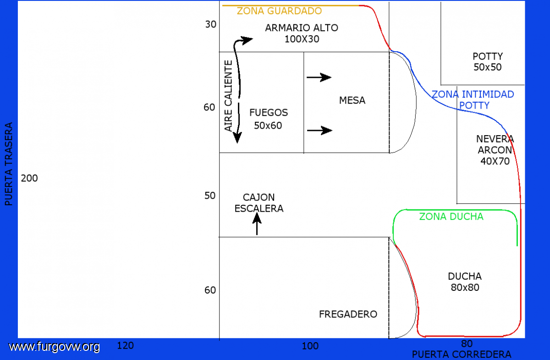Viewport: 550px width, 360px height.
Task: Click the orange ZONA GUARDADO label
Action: pyautogui.click(x=279, y=11)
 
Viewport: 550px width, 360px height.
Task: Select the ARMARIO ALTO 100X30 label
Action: pyautogui.click(x=302, y=33)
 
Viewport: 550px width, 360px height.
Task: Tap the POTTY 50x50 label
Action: pyautogui.click(x=488, y=61)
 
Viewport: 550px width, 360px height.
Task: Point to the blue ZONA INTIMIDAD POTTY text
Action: pyautogui.click(x=473, y=100)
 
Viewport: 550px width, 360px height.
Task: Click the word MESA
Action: pyautogui.click(x=352, y=100)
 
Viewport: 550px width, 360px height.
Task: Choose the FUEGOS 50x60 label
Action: pyautogui.click(x=269, y=119)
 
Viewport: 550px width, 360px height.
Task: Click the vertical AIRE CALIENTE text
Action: pyautogui.click(x=228, y=96)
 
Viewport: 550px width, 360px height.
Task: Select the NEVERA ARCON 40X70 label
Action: pyautogui.click(x=495, y=150)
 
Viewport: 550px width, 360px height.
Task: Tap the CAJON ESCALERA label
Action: pyautogui.click(x=259, y=203)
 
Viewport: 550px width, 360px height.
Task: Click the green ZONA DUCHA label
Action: pyautogui.click(x=451, y=217)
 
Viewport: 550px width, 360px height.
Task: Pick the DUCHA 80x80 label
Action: pyautogui.click(x=465, y=282)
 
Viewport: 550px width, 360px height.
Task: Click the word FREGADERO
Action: pyautogui.click(x=348, y=314)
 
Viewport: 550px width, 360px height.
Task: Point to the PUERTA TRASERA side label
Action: pyautogui.click(x=9, y=164)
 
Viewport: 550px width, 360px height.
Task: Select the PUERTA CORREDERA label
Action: pyautogui.click(x=462, y=355)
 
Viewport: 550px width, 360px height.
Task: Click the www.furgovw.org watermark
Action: pyautogui.click(x=54, y=347)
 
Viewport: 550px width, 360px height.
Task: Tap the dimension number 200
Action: pyautogui.click(x=29, y=178)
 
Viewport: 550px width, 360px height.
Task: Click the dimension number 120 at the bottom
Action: pyautogui.click(x=125, y=345)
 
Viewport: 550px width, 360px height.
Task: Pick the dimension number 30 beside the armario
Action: pyautogui.click(x=211, y=24)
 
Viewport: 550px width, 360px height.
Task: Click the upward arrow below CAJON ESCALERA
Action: pyautogui.click(x=257, y=224)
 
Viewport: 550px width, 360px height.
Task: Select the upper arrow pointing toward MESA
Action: pyautogui.click(x=319, y=77)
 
